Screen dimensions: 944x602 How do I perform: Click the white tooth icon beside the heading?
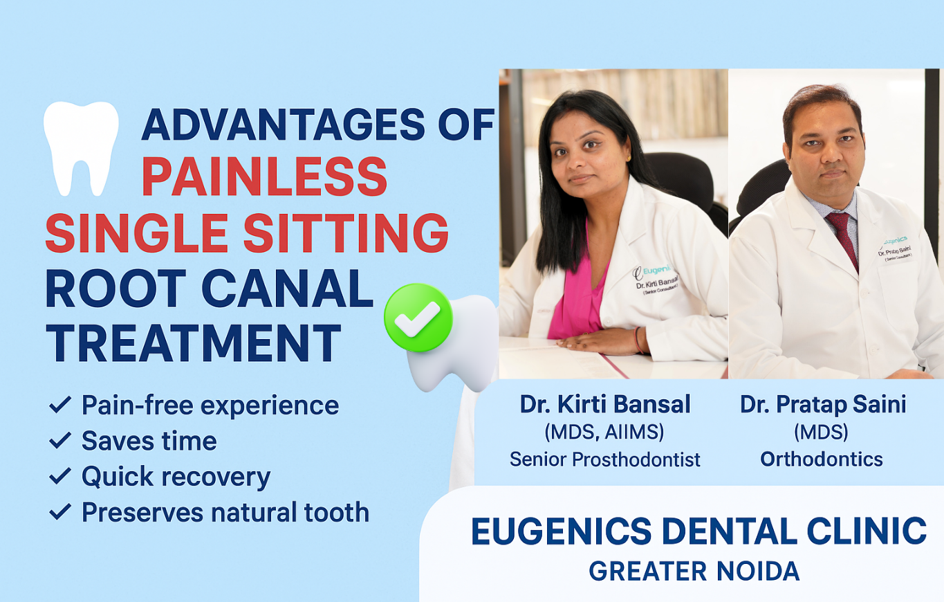[x=81, y=147]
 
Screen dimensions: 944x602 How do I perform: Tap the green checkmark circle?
[x=418, y=318]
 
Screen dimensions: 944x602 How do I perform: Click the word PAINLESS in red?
[x=265, y=176]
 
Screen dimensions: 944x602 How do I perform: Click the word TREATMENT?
[x=194, y=343]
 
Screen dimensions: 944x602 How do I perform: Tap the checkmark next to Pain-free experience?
[x=60, y=405]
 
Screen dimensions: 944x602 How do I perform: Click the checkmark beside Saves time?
[x=60, y=441]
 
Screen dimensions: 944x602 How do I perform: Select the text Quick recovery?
[x=176, y=477]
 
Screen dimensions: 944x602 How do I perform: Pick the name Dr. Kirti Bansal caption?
[x=605, y=404]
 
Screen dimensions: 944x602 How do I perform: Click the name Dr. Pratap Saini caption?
[x=823, y=405]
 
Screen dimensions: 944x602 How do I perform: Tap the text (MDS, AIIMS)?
[x=604, y=432]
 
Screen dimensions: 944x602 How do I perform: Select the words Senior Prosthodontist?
[x=604, y=459]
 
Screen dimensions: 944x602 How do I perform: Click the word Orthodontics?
[x=822, y=459]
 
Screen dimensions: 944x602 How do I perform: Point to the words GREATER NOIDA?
[x=694, y=572]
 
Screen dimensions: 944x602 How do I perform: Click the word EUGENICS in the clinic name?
[x=562, y=531]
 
